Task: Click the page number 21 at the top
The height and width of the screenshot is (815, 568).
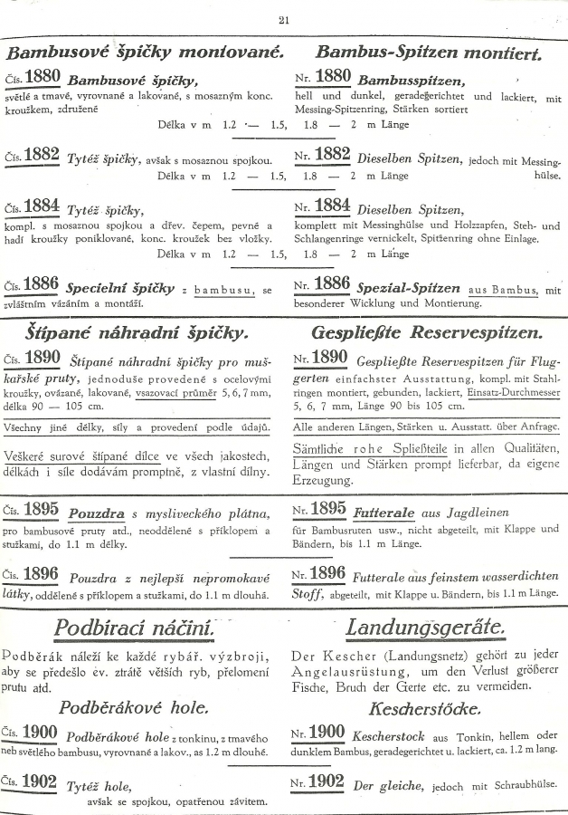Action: [283, 20]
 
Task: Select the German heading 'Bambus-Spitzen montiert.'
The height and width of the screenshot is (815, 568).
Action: [429, 53]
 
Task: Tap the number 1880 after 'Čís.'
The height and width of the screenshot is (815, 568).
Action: [43, 76]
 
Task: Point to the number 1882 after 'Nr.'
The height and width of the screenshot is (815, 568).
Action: [332, 155]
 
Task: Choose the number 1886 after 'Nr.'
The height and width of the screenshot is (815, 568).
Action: [332, 285]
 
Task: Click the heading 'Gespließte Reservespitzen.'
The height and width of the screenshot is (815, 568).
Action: [426, 332]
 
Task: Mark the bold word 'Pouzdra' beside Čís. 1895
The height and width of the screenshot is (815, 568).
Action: [96, 511]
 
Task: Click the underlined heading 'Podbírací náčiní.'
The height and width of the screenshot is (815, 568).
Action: [135, 627]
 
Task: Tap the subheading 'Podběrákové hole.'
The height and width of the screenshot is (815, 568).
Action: [135, 707]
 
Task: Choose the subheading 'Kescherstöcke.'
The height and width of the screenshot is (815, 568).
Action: [428, 707]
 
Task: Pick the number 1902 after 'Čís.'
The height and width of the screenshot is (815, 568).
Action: [43, 782]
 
